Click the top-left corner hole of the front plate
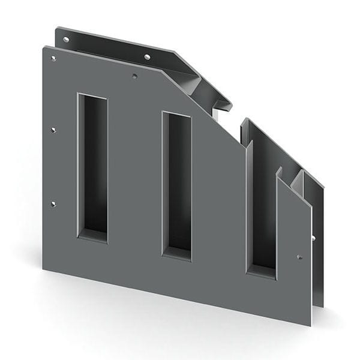(54, 59)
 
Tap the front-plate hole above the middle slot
(135, 76)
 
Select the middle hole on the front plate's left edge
(53, 129)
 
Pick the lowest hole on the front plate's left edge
(53, 204)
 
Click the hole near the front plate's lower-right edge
(299, 257)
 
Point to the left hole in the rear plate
(66, 40)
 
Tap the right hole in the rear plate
(147, 57)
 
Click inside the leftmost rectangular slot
(93, 162)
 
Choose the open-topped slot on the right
(262, 204)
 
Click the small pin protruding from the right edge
(313, 238)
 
